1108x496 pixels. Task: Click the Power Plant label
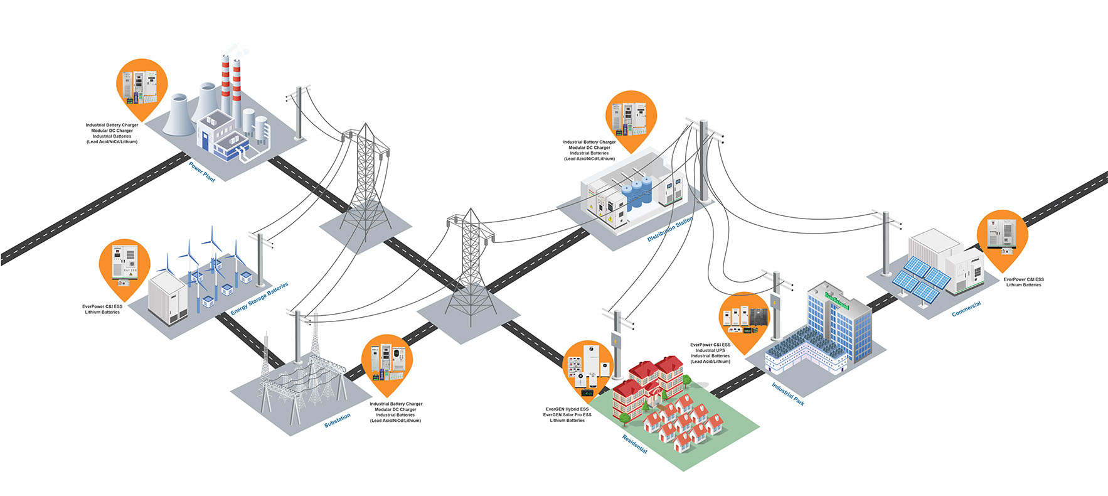click(x=202, y=172)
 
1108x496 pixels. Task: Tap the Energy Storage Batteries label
click(x=259, y=299)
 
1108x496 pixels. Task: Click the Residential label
click(x=634, y=445)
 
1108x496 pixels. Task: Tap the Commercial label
click(x=966, y=309)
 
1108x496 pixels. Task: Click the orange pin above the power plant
click(x=142, y=86)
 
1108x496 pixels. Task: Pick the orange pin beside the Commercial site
click(x=1002, y=236)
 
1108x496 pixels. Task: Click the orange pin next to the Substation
click(x=387, y=363)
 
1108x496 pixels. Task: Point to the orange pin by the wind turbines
click(x=125, y=266)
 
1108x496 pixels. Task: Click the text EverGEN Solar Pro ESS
click(x=567, y=415)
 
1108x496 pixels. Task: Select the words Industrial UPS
click(x=710, y=350)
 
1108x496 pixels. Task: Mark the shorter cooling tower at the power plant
click(x=178, y=115)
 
